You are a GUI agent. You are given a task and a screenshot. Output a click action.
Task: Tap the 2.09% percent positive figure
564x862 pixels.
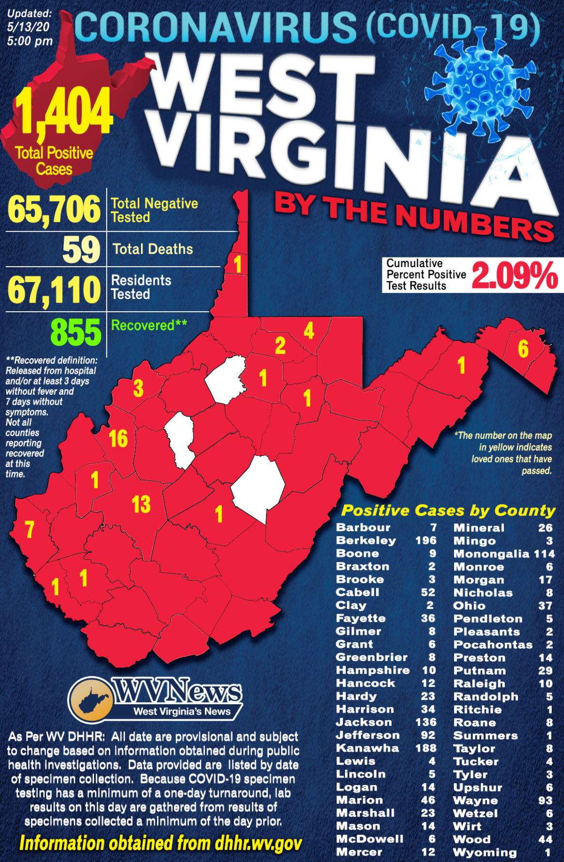coord(515,276)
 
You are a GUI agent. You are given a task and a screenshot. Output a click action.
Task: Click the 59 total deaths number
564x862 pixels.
coord(81,250)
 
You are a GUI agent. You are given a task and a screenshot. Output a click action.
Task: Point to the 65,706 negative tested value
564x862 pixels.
coord(54,210)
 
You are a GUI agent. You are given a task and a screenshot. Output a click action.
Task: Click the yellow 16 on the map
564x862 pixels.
coord(118,439)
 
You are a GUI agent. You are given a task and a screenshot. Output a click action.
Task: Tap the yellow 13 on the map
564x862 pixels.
coord(141,504)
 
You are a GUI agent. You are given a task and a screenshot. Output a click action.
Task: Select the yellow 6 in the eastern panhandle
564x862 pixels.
coord(523,349)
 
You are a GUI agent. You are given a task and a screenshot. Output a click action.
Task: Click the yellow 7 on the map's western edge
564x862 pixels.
coord(30,529)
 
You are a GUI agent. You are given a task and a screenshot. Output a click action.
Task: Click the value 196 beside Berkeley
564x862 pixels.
coord(426,541)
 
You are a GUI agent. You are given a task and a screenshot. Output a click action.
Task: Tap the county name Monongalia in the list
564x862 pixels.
coord(491,554)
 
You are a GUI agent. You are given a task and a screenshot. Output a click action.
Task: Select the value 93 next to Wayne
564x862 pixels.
coord(545,801)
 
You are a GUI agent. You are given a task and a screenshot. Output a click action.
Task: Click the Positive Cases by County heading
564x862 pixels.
coord(448,511)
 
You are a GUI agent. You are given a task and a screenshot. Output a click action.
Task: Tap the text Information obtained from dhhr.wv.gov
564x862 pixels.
coord(160,843)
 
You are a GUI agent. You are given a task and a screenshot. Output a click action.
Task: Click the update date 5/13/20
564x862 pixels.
coord(28,27)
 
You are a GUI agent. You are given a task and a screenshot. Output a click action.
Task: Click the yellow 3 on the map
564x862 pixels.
coord(138,388)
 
